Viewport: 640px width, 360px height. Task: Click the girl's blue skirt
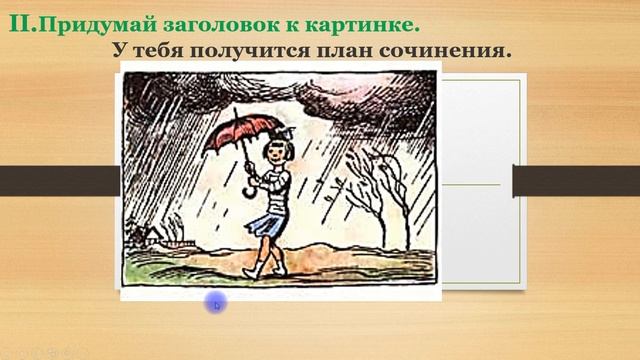click(x=265, y=221)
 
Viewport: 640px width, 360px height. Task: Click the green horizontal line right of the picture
click(x=470, y=184)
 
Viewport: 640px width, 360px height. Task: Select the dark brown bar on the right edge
click(x=575, y=181)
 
